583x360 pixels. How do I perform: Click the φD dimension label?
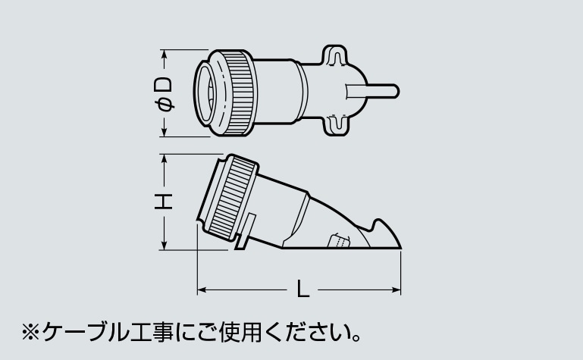(163, 94)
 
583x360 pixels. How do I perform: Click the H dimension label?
(163, 202)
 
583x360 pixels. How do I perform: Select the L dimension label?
(303, 289)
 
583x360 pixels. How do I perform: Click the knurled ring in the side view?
(233, 198)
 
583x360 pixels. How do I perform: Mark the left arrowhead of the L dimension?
(201, 290)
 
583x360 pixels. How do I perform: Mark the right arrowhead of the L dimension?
(397, 290)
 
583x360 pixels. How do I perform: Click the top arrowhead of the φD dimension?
(164, 54)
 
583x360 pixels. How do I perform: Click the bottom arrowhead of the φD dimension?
(164, 133)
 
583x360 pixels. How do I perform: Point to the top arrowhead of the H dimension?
(164, 158)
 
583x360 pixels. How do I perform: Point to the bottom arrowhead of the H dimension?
(164, 246)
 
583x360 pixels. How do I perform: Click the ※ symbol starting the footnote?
(30, 332)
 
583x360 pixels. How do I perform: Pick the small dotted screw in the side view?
(339, 241)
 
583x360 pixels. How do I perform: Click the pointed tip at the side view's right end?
(400, 247)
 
